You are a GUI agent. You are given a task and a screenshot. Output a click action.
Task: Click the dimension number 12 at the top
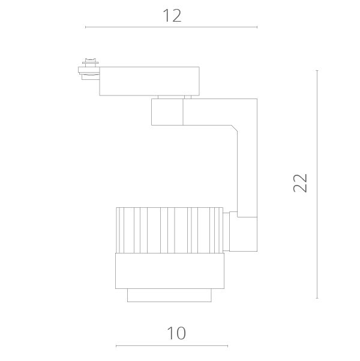[x=172, y=16]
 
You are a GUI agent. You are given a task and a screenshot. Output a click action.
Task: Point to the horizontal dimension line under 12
[x=172, y=27]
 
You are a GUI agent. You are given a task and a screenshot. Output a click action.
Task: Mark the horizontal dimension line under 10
[x=172, y=346]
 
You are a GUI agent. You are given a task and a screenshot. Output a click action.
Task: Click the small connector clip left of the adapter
[x=89, y=69]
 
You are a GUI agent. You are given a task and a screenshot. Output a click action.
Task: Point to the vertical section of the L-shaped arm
[x=247, y=168]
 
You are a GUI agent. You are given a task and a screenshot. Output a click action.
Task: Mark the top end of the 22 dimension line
[x=317, y=70]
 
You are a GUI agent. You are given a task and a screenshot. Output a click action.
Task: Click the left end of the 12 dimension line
[x=86, y=27]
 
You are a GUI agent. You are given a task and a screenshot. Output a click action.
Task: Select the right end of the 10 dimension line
[x=227, y=346]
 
